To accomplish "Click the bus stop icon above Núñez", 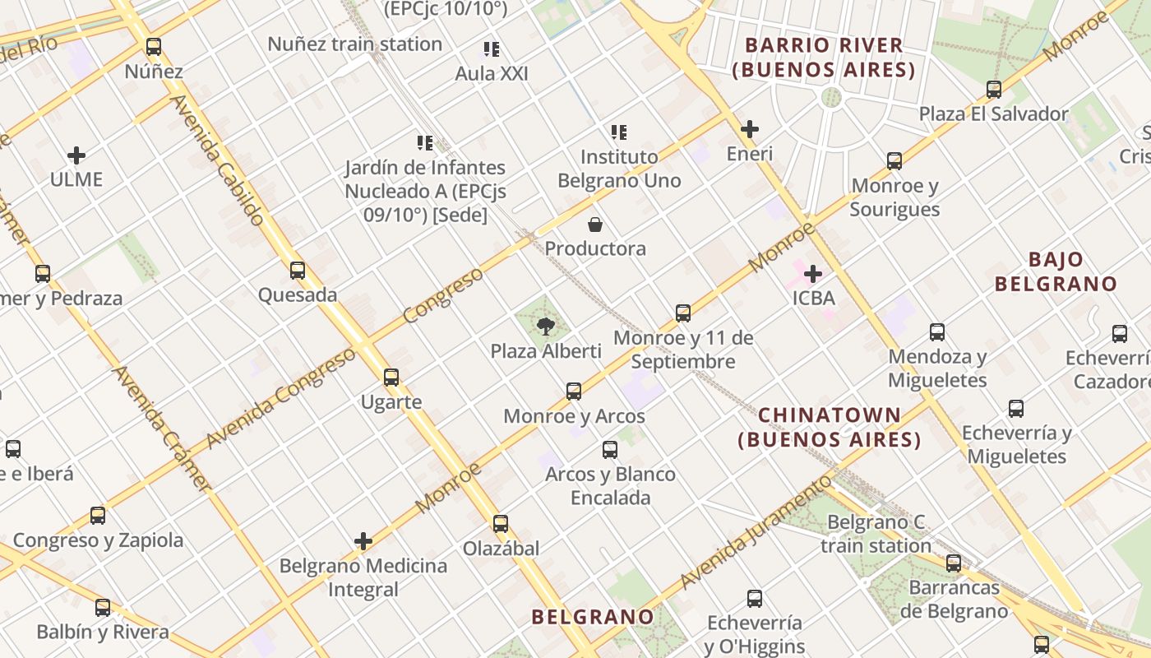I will pyautogui.click(x=154, y=47).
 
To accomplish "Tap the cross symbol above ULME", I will pyautogui.click(x=76, y=155).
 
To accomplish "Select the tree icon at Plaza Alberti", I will pyautogui.click(x=545, y=327).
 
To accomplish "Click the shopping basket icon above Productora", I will pyautogui.click(x=595, y=225).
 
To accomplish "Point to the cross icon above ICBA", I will pyautogui.click(x=813, y=274).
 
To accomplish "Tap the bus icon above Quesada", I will pyautogui.click(x=298, y=270).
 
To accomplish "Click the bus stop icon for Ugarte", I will pyautogui.click(x=391, y=378).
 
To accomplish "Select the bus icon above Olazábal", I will pyautogui.click(x=500, y=523).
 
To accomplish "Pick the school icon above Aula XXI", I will pyautogui.click(x=492, y=49).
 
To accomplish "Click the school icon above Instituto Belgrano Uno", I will pyautogui.click(x=619, y=132).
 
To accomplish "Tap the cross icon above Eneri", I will pyautogui.click(x=749, y=129).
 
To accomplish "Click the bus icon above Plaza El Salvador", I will pyautogui.click(x=994, y=89).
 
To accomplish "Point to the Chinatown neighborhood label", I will pyautogui.click(x=830, y=427).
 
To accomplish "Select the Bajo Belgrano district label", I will pyautogui.click(x=1056, y=272).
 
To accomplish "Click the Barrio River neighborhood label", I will pyautogui.click(x=824, y=58).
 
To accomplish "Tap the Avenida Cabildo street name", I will pyautogui.click(x=218, y=160).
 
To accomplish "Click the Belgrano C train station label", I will pyautogui.click(x=876, y=534).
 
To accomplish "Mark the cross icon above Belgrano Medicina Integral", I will pyautogui.click(x=363, y=541).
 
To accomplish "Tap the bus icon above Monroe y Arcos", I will pyautogui.click(x=574, y=392).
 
